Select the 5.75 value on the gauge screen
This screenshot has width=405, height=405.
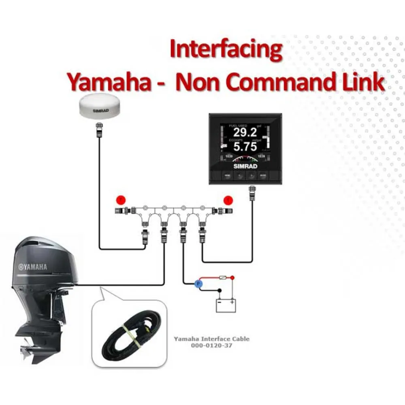pos(245,147)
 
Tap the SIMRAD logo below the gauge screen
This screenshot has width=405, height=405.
pos(243,166)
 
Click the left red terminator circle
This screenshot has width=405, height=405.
pos(120,200)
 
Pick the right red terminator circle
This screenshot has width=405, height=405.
pos(229,200)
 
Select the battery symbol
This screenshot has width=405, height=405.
pos(226,305)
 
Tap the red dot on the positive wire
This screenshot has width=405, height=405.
pos(232,278)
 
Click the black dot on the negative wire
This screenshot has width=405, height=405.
pos(220,290)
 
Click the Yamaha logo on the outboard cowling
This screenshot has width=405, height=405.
pos(32,267)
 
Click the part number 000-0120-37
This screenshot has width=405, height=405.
pos(211,345)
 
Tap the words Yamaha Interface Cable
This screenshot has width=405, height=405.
pos(211,339)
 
